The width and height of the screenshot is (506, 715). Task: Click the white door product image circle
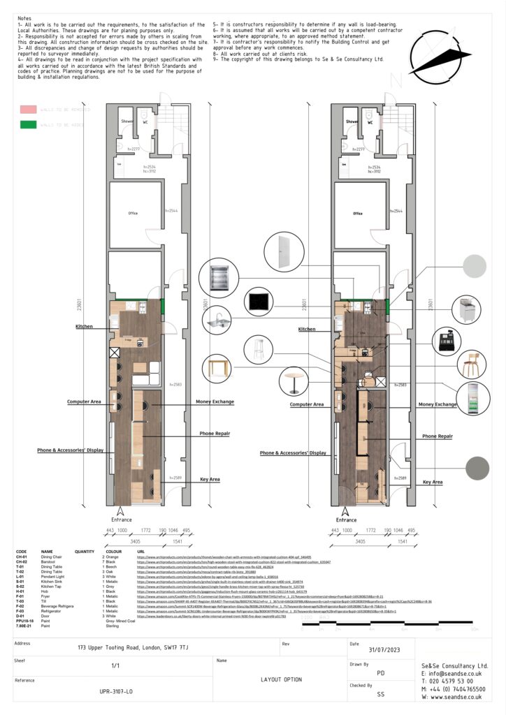(283, 249)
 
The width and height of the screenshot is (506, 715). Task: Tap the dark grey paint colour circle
(478, 467)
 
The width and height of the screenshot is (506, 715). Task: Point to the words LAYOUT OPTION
(281, 679)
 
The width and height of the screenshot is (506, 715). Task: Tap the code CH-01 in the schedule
(22, 556)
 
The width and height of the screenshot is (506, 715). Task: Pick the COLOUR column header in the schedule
(110, 551)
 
